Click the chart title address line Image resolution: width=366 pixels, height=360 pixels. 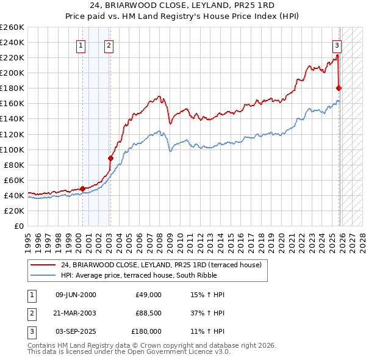point(182,5)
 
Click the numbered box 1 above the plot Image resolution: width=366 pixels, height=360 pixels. point(81,44)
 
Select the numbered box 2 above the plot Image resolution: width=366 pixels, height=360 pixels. point(108,44)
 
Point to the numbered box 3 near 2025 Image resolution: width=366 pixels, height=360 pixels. point(336,44)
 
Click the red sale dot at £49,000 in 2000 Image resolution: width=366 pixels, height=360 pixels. point(82,189)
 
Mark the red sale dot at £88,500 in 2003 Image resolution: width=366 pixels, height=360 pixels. point(110,158)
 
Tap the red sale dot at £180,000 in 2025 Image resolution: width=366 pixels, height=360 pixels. point(339,88)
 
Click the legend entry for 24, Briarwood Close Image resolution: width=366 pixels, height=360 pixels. point(161,265)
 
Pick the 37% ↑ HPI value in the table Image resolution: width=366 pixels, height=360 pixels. point(208,312)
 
